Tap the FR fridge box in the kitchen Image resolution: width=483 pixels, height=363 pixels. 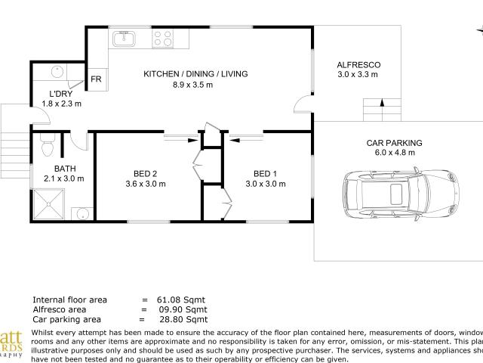pos(97,79)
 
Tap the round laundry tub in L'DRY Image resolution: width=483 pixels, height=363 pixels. pos(58,73)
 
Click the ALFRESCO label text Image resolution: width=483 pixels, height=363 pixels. pos(358,65)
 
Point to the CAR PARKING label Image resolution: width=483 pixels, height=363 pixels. pos(394,142)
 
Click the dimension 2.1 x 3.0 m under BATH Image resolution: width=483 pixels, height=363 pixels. pos(63,179)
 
